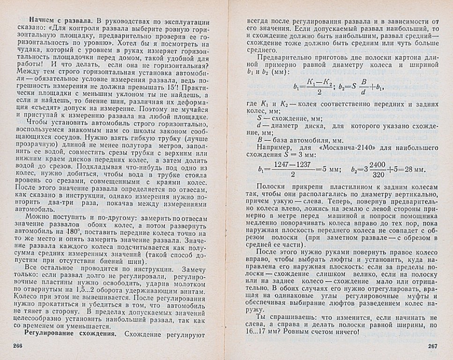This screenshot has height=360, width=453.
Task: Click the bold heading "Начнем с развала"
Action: (59, 21)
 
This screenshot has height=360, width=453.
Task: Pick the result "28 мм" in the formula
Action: (413, 169)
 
